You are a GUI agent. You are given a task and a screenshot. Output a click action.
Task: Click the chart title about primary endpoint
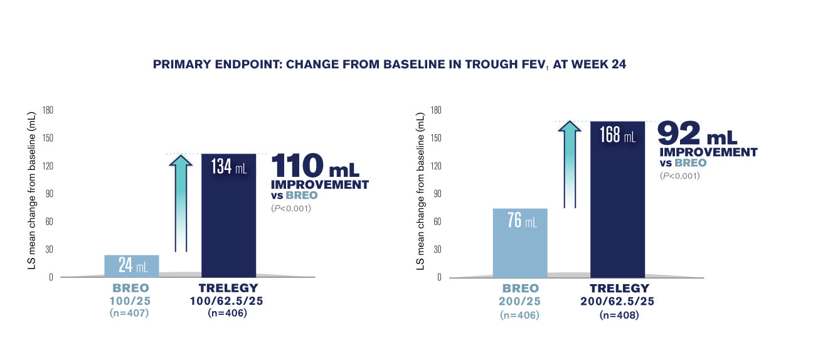390,64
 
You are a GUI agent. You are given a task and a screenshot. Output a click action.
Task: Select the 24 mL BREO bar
131,266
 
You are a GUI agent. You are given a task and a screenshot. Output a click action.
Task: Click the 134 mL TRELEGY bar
228,216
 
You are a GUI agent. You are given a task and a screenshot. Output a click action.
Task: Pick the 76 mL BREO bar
520,243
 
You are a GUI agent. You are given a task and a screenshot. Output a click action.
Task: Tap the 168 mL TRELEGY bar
618,199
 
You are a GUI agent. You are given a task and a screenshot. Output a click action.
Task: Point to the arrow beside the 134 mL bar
181,203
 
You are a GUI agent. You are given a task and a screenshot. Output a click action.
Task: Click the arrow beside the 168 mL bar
570,164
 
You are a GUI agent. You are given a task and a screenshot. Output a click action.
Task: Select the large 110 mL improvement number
315,166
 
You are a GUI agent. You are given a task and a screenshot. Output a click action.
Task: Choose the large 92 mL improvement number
697,133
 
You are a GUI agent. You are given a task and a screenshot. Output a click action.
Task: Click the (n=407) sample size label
129,313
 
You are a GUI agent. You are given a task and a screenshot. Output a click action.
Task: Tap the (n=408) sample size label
619,315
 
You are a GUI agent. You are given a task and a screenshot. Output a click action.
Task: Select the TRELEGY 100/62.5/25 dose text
226,301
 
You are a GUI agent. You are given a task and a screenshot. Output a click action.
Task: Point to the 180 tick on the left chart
48,110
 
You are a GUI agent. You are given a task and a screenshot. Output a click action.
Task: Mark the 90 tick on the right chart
437,194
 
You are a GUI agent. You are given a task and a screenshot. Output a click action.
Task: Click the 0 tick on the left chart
51,277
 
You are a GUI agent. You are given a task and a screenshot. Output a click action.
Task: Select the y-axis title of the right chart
420,191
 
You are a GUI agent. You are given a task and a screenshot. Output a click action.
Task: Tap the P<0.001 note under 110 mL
291,208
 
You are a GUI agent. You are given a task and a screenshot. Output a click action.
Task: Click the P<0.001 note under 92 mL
680,176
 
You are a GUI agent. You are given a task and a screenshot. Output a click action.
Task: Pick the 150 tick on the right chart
436,138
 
